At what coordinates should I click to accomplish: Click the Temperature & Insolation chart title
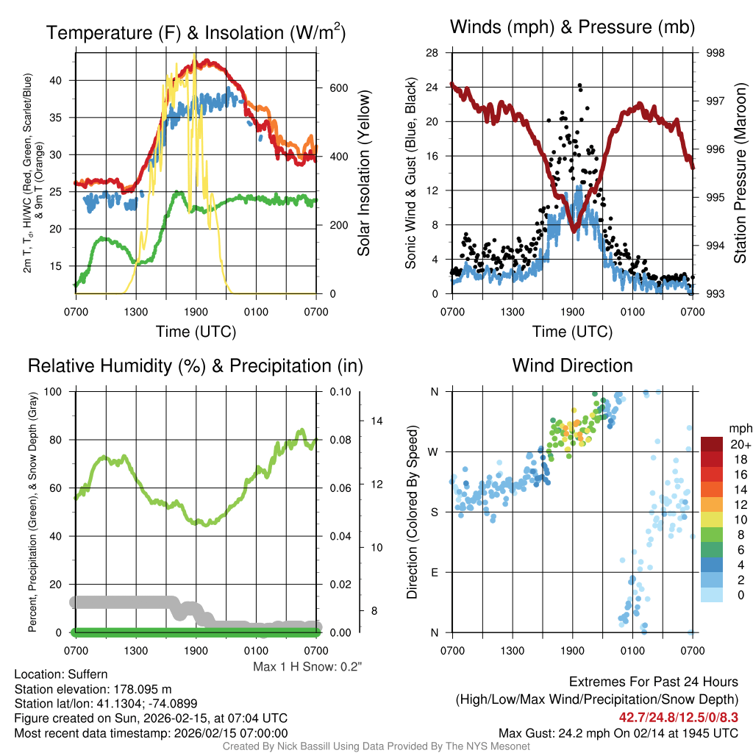(196, 33)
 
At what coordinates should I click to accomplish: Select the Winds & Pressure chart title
(573, 28)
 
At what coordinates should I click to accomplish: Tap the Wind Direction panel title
(572, 365)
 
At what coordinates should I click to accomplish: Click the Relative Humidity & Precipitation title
(196, 365)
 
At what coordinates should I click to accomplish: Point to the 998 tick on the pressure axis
(715, 53)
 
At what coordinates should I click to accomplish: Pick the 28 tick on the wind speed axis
(432, 53)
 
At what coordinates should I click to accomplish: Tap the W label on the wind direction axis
(435, 452)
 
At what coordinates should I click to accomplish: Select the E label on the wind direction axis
(435, 572)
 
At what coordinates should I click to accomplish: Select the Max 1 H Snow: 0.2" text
(308, 667)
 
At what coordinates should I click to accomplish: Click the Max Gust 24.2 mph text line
(618, 733)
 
